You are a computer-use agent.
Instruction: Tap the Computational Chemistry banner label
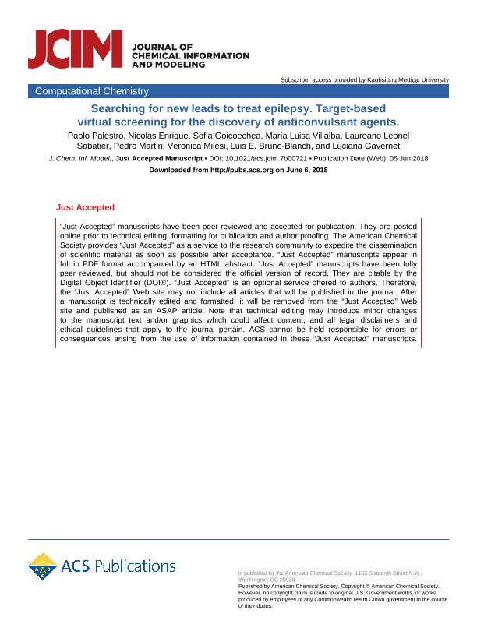pyautogui.click(x=85, y=92)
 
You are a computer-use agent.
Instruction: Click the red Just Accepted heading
pyautogui.click(x=85, y=207)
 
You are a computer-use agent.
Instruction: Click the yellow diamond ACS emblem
pyautogui.click(x=43, y=566)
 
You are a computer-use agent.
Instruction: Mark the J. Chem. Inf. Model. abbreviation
pyautogui.click(x=80, y=158)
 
